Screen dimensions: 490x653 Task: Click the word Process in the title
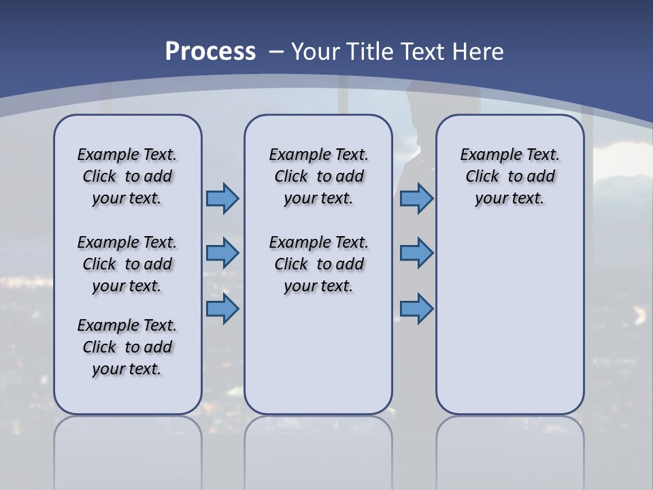(210, 51)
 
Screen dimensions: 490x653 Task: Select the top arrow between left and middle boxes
(222, 199)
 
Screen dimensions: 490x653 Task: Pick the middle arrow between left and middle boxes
(222, 253)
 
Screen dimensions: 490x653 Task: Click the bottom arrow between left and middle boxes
(222, 308)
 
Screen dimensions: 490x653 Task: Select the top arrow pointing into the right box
(416, 199)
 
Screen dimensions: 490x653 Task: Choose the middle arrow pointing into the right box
(416, 253)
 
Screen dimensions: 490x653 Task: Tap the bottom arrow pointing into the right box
(416, 308)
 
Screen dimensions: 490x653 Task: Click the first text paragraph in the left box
(127, 176)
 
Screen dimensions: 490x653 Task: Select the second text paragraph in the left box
(127, 264)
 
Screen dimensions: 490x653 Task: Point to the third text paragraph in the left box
(127, 347)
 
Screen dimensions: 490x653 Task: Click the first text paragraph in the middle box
(318, 176)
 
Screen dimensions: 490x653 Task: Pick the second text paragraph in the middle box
(318, 264)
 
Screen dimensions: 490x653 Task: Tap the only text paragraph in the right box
(509, 176)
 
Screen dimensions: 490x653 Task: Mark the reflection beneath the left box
(128, 442)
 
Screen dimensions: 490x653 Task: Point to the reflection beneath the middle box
(318, 442)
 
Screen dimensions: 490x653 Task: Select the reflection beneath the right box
(509, 442)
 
